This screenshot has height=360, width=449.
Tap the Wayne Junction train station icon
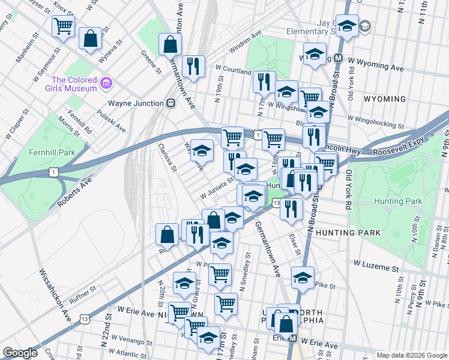[171, 103]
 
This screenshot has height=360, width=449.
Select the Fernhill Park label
[52, 152]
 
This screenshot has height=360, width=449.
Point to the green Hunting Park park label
[397, 202]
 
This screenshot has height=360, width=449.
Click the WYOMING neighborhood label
[384, 99]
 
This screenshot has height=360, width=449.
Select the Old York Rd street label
[349, 189]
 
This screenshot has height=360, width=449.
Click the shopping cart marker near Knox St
[63, 26]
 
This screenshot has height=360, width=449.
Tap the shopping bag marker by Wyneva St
[90, 38]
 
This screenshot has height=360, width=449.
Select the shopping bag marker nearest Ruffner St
[167, 233]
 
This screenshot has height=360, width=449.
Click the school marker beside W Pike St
[303, 277]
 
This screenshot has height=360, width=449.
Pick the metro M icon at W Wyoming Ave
[338, 59]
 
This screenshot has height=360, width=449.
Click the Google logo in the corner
[20, 353]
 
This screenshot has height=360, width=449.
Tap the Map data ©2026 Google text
[412, 355]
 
